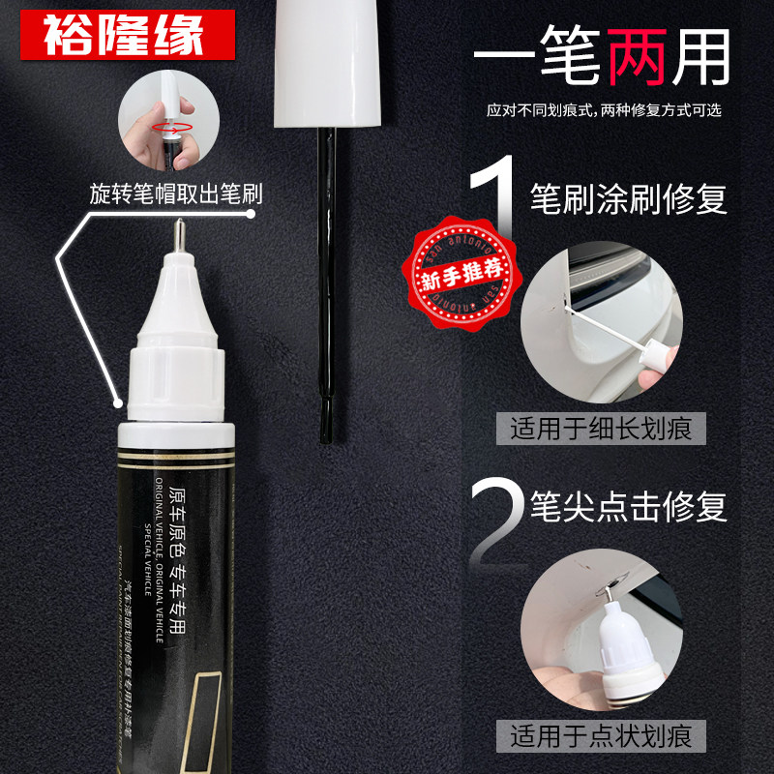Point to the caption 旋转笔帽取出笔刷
(x=174, y=192)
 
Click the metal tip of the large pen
(x=179, y=235)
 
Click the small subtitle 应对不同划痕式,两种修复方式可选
(x=605, y=109)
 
